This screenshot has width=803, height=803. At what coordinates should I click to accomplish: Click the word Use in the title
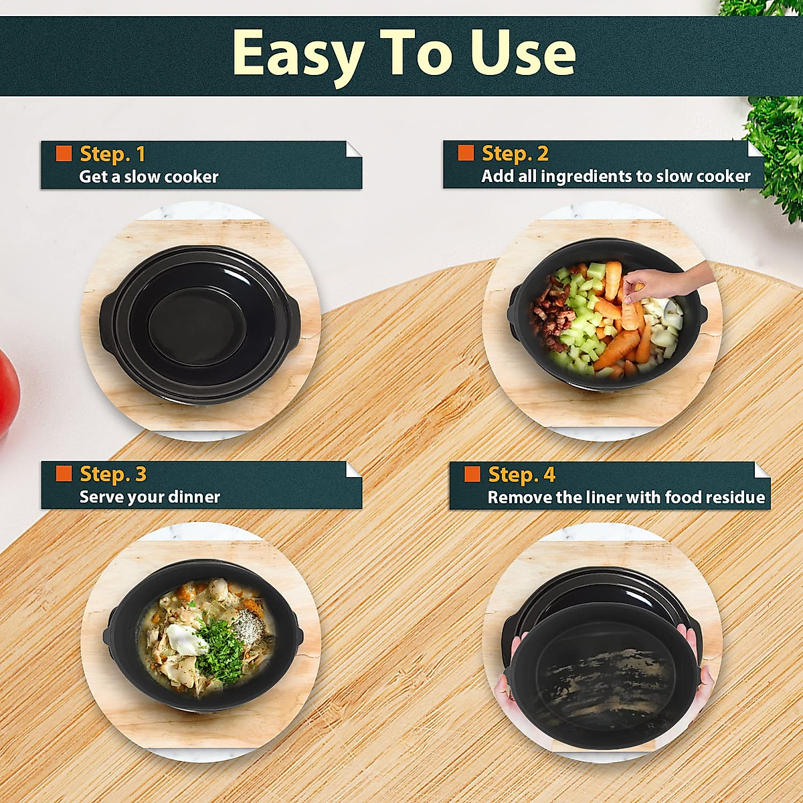pos(522,54)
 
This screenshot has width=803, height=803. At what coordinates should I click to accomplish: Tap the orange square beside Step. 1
pos(64,153)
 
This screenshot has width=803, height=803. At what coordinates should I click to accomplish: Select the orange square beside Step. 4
pos(472,474)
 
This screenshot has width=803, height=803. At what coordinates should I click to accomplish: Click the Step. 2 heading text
pos(515,153)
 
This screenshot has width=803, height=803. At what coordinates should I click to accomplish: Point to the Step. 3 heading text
pos(112,474)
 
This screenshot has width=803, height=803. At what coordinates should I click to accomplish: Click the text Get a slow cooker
pos(149,177)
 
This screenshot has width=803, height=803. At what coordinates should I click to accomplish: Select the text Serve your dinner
pos(149,497)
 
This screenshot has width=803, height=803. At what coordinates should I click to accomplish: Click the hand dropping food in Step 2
pos(662,281)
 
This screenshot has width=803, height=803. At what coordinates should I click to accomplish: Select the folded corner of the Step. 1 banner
pos(353,149)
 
